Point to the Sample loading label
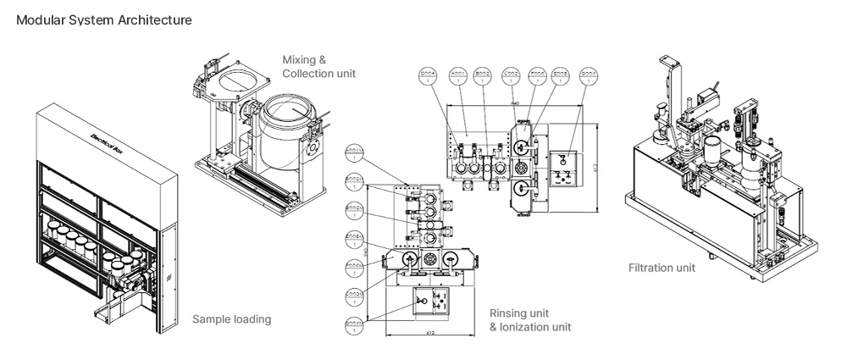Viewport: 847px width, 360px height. point(231,319)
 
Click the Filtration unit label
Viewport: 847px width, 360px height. point(662,269)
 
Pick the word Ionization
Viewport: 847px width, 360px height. point(535,327)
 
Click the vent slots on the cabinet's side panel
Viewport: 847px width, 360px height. point(169,277)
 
